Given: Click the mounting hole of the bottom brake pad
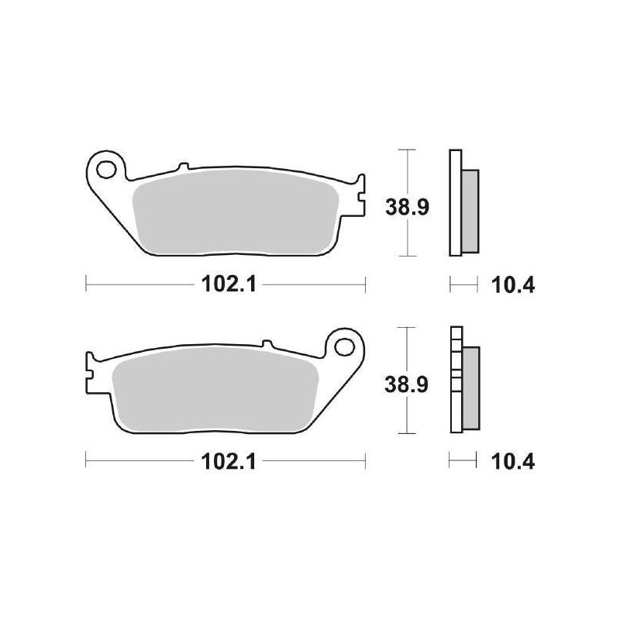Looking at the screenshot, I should tap(344, 344).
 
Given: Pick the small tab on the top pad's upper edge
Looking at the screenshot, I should tap(183, 166).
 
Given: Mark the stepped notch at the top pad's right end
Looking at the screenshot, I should tap(360, 194).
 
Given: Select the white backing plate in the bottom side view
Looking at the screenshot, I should tap(455, 380).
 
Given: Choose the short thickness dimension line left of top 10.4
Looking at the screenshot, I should tap(463, 285).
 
